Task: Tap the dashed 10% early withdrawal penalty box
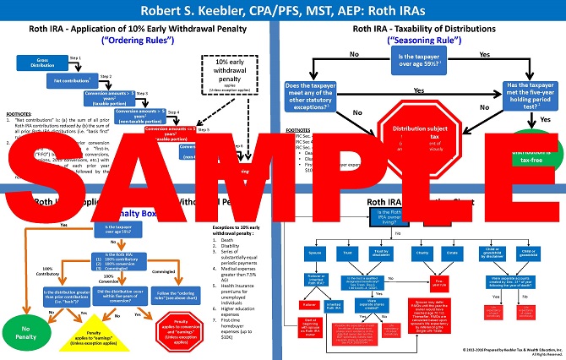pos(230,74)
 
